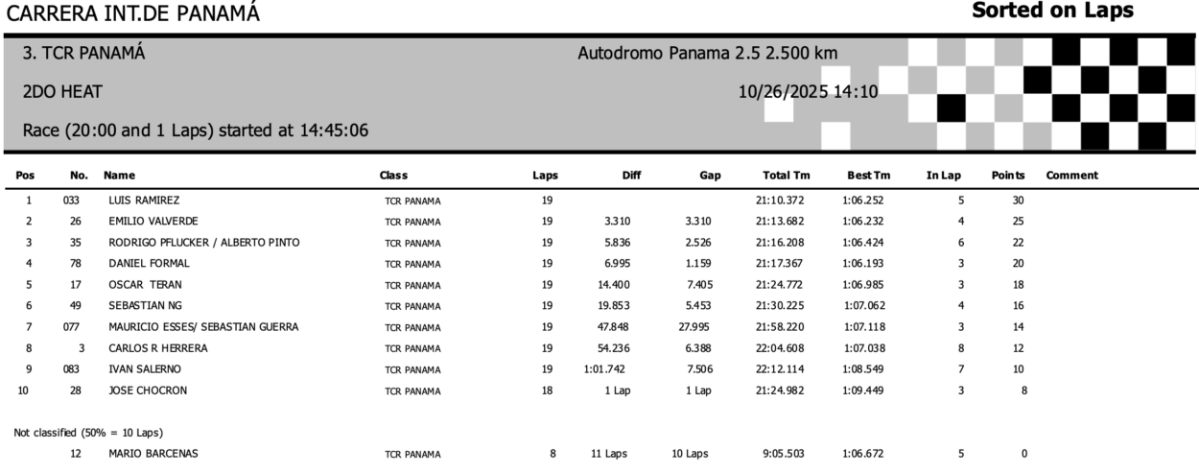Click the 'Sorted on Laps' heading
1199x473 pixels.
click(x=1052, y=12)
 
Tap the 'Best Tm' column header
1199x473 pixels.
click(x=868, y=176)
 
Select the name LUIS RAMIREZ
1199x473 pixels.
click(x=144, y=201)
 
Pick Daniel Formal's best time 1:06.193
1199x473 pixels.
click(x=868, y=263)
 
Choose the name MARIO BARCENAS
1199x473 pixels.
click(x=153, y=454)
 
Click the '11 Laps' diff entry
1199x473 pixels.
click(x=610, y=454)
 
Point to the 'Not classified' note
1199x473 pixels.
click(x=82, y=433)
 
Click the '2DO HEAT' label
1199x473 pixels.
click(x=62, y=92)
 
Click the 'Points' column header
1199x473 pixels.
click(x=1008, y=176)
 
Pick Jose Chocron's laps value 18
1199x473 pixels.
click(x=546, y=390)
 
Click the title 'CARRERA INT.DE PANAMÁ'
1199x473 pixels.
click(x=131, y=13)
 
